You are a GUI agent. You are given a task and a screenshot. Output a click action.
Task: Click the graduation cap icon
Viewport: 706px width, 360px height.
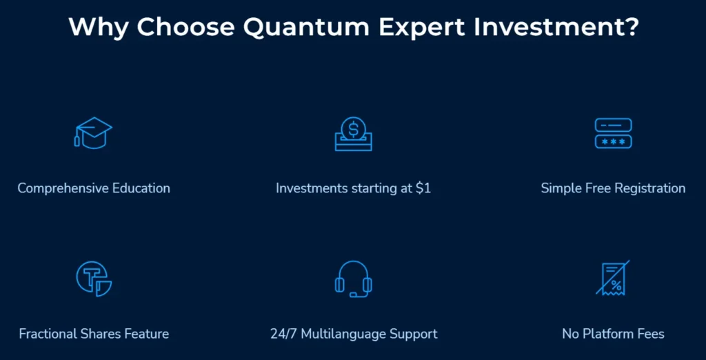click(x=93, y=133)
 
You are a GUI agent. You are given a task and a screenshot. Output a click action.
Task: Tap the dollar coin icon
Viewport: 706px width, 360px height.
click(x=353, y=133)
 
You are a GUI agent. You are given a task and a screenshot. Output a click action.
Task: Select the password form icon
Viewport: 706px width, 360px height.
click(x=613, y=133)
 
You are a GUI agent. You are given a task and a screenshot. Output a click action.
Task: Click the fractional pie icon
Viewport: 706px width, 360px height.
click(x=93, y=279)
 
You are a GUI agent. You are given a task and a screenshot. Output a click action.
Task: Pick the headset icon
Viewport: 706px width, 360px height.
click(x=353, y=279)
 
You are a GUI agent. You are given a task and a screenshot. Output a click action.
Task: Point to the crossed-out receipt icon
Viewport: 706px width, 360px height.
click(x=613, y=279)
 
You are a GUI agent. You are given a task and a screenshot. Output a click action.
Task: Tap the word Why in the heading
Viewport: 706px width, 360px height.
click(x=99, y=28)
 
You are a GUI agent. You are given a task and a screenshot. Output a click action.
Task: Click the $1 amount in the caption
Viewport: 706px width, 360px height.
click(x=423, y=188)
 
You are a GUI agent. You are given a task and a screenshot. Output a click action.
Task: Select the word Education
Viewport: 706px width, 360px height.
click(x=139, y=188)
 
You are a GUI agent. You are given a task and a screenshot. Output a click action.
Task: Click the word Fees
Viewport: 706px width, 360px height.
click(x=650, y=334)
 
